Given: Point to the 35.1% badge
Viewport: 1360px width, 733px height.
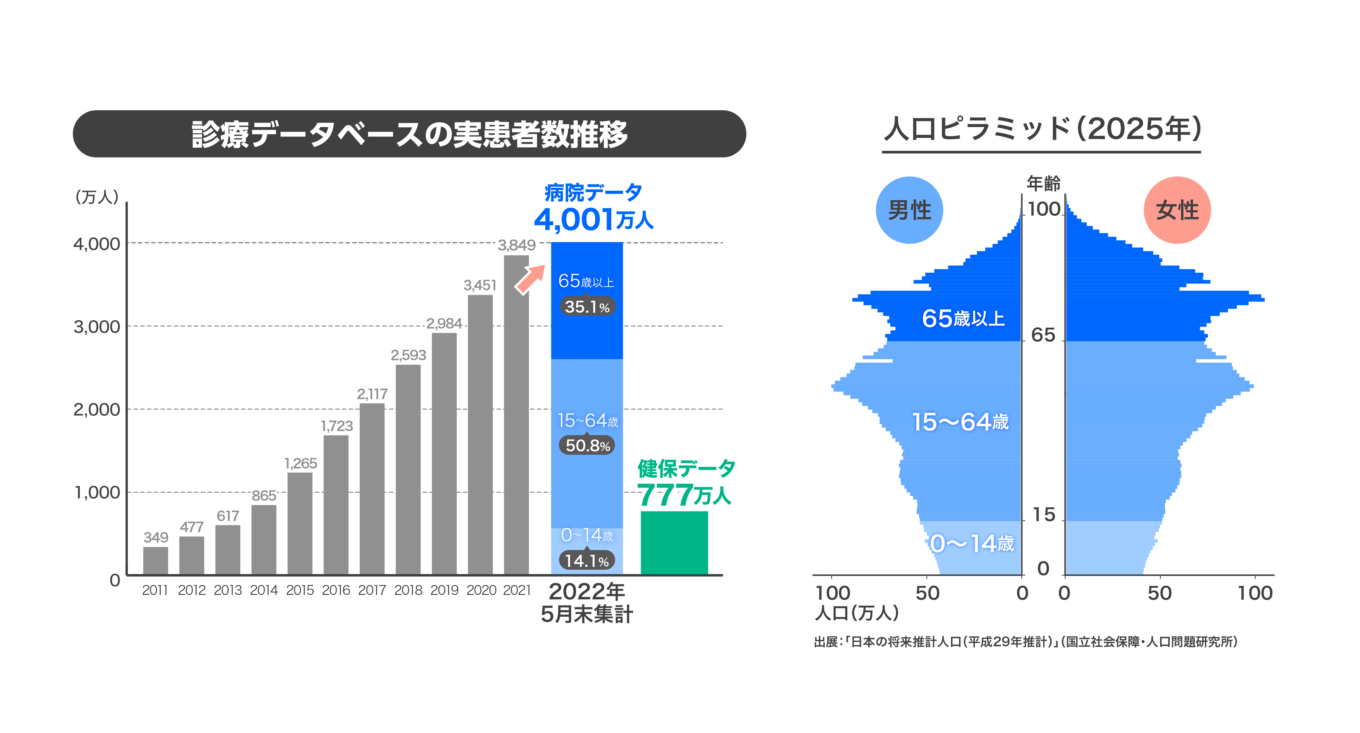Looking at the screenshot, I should tap(587, 307).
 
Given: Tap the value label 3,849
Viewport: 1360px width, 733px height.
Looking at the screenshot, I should tap(516, 245).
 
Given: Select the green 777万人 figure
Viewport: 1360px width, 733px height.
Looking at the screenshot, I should tap(684, 495).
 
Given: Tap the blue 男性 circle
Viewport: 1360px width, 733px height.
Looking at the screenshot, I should tap(909, 210).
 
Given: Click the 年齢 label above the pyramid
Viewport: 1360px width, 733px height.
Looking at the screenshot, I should tap(1043, 183).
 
